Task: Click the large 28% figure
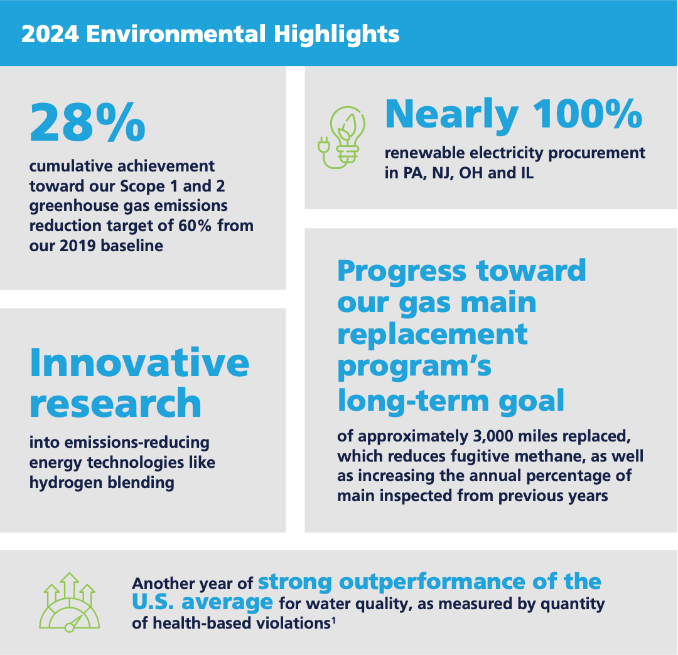coord(87,122)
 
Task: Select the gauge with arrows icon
coord(69,602)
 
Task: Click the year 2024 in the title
coord(50,34)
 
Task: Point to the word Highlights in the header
coord(336,34)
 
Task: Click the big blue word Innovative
coord(139,362)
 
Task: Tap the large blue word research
coord(115,403)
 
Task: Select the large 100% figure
coord(587,114)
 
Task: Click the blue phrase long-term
coord(413,400)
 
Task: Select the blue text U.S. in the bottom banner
coord(153,602)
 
